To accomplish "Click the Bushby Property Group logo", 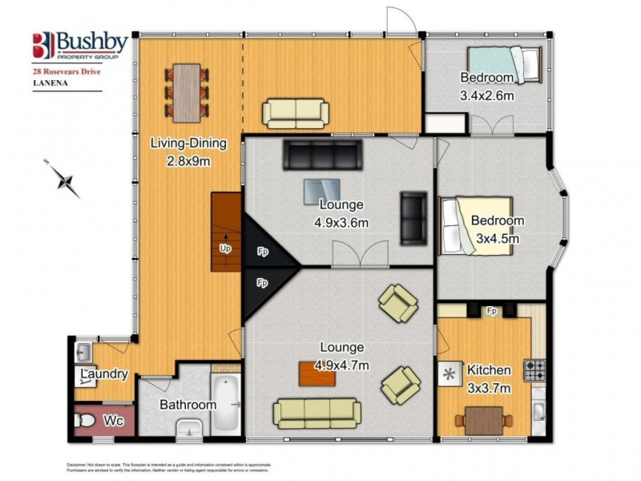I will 78,46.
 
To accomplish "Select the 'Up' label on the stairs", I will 225,248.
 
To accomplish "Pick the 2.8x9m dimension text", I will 188,161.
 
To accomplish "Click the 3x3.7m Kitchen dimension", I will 489,387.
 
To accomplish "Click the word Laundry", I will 105,374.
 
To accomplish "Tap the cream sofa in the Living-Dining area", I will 296,112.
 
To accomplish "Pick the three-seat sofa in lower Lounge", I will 316,412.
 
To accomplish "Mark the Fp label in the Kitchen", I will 491,309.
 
